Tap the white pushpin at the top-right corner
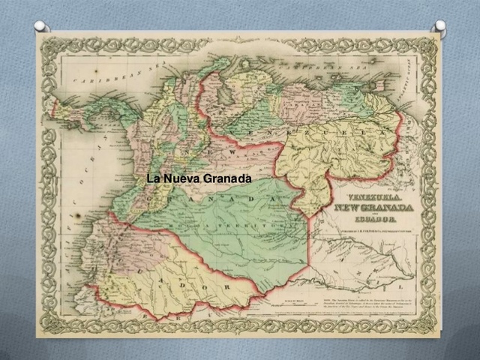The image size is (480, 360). [x=439, y=26]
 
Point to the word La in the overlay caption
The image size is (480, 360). [x=153, y=178]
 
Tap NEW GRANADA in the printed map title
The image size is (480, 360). [x=373, y=206]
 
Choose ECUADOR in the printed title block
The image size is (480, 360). [x=373, y=219]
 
